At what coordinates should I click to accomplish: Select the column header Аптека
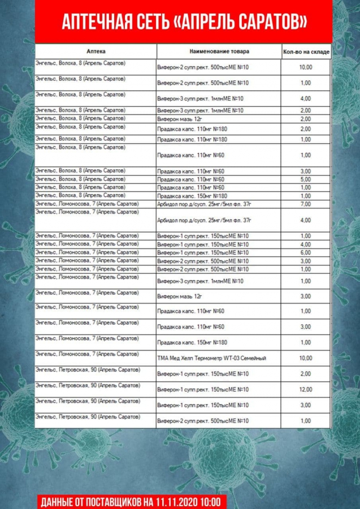point(96,51)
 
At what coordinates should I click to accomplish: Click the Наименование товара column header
point(219,51)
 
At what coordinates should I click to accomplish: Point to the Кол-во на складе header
point(306,52)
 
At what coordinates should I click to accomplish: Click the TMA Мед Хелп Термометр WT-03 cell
point(211,358)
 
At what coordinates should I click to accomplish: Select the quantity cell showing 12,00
point(306,390)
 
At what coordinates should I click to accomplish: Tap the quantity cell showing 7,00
point(306,204)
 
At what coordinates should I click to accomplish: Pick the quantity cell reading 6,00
point(306,252)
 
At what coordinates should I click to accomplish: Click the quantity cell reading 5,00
point(306,179)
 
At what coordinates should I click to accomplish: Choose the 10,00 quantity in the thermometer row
point(306,358)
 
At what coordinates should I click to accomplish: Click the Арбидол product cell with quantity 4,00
point(203,220)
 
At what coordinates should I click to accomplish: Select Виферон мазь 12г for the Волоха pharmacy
point(179,119)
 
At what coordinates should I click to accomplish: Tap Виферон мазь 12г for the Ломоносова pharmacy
point(179,296)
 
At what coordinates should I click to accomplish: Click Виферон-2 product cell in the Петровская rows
point(202,421)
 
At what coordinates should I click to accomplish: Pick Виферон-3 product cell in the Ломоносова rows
point(200,281)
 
